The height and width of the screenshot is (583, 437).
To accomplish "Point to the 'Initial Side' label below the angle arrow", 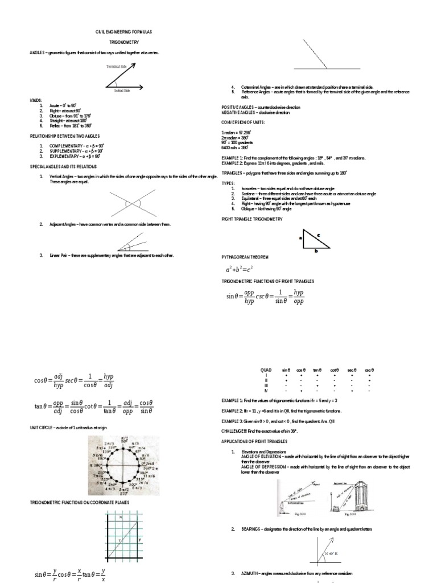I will coord(122,90).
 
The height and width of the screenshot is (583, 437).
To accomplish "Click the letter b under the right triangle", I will coord(316,250).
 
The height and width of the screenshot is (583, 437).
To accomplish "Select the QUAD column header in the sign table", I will coord(265,370).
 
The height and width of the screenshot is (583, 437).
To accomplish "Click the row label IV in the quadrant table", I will coord(265,391).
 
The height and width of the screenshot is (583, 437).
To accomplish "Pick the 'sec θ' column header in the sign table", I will coord(353,370).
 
